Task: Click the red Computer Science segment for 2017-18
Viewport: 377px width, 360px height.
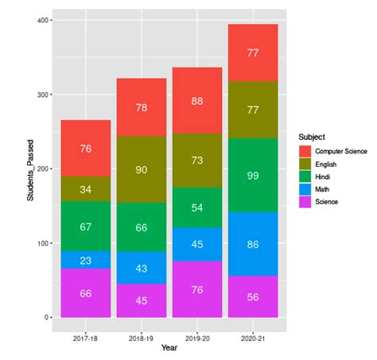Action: point(85,148)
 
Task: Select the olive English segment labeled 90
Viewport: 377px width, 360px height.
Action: point(142,169)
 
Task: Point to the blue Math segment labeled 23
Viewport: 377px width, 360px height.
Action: point(85,260)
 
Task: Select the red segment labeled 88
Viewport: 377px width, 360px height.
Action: point(197,100)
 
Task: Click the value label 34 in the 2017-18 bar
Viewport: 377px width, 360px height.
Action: point(85,189)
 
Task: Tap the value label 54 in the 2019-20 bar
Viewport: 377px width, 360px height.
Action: point(197,207)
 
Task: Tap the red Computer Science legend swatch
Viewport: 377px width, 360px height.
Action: point(305,151)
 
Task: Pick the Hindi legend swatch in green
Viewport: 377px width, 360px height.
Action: point(305,176)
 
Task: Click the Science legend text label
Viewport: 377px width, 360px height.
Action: point(327,202)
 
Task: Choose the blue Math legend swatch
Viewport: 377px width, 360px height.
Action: point(305,189)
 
